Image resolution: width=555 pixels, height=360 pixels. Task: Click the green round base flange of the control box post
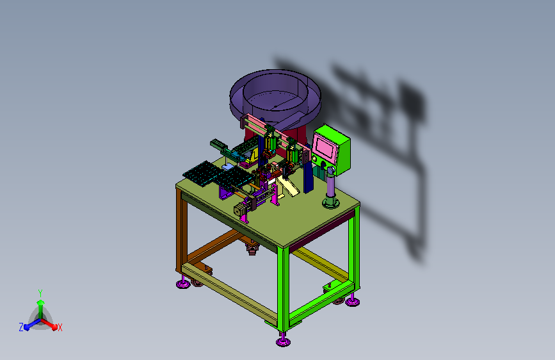330,203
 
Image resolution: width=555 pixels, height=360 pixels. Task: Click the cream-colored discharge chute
288,185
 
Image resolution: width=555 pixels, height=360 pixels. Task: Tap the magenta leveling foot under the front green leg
283,341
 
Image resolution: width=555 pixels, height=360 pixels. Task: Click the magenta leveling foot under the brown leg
183,284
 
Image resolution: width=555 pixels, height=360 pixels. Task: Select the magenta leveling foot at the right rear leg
353,302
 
